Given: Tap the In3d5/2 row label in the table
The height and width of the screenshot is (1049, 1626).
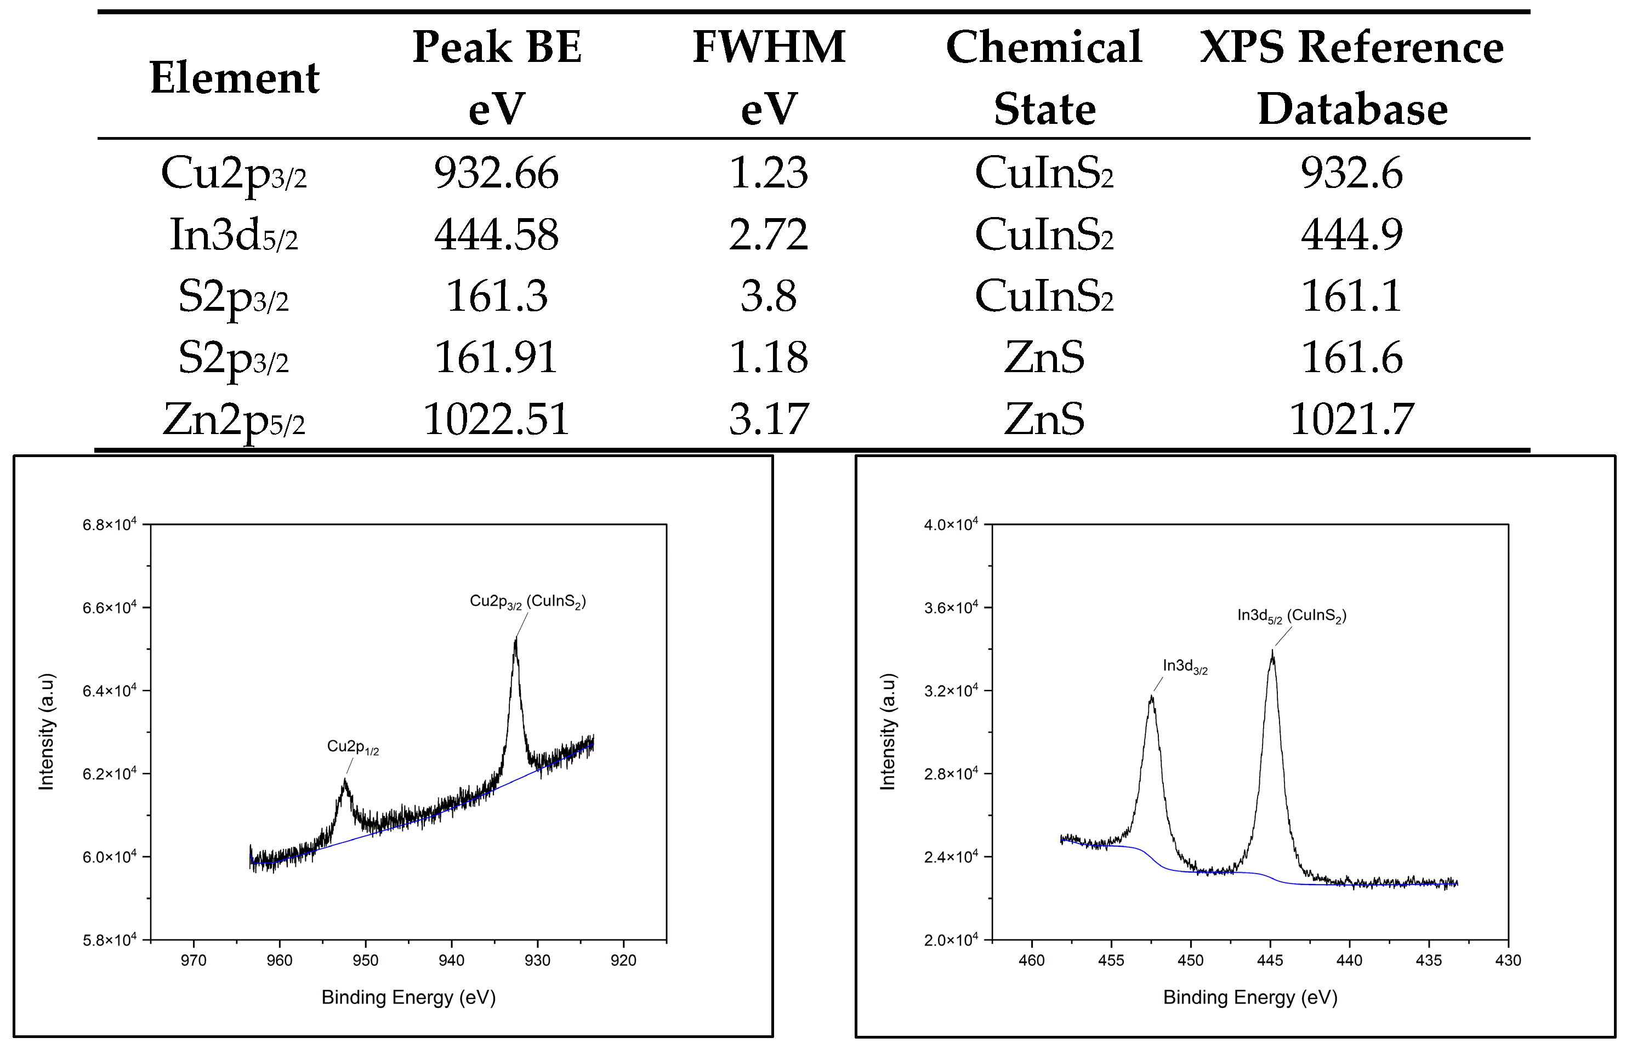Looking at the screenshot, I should (234, 235).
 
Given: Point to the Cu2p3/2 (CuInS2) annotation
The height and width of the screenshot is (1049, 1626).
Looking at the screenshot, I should (528, 601).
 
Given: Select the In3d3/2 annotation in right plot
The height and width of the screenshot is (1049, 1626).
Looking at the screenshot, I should (1185, 666).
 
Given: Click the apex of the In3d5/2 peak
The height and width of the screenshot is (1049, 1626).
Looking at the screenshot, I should (1272, 652).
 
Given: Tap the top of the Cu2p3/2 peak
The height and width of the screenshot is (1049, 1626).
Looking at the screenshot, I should (516, 639).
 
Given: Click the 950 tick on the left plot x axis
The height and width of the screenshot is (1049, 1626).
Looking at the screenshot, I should (366, 960).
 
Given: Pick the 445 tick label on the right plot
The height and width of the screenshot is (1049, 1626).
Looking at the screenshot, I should (1270, 960).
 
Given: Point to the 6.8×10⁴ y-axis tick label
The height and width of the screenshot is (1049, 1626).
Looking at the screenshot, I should (110, 524).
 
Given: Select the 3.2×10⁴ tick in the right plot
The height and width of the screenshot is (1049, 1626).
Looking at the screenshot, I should (951, 691).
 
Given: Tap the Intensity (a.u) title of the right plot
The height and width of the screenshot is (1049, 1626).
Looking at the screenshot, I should (888, 732).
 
